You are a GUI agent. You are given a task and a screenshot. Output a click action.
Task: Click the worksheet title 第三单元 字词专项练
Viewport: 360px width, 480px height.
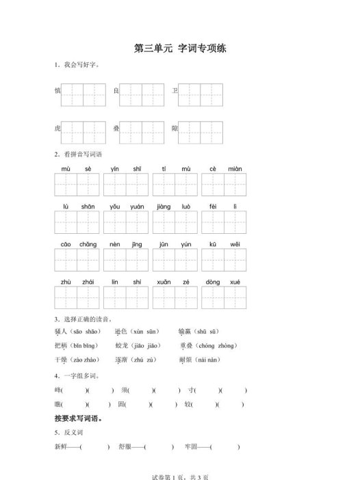[180, 49]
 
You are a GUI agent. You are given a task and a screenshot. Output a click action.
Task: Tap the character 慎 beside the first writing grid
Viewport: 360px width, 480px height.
[57, 90]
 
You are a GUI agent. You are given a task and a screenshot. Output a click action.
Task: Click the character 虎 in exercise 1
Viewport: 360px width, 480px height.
[57, 129]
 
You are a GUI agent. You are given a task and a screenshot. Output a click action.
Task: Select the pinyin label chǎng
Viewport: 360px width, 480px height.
[88, 244]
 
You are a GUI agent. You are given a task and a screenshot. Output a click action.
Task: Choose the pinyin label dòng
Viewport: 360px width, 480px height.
[213, 282]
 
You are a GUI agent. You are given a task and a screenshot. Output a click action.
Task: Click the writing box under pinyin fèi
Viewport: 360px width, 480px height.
[213, 223]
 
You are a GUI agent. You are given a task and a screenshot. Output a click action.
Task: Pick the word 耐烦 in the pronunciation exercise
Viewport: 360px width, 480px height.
[184, 359]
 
